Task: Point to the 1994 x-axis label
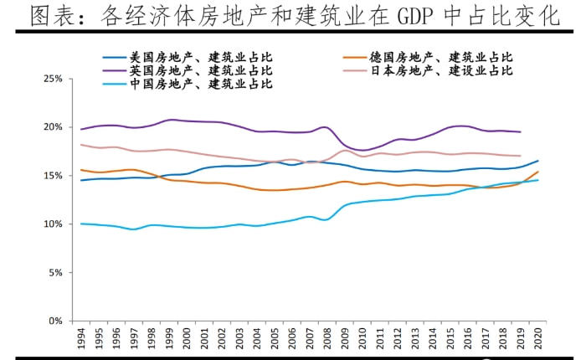pyautogui.click(x=81, y=338)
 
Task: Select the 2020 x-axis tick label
pyautogui.click(x=537, y=338)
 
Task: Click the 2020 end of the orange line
pyautogui.click(x=537, y=172)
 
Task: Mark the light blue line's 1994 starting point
pyautogui.click(x=80, y=224)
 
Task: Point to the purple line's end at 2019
pyautogui.click(x=520, y=132)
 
